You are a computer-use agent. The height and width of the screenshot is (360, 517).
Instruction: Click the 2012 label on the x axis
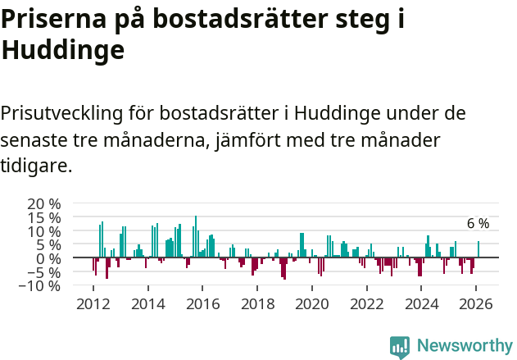[93, 304]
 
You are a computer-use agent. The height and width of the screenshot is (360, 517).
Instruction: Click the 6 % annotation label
[478, 223]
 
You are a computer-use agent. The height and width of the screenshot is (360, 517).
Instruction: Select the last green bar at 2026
[478, 249]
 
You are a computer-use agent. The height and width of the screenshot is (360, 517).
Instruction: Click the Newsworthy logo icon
[400, 346]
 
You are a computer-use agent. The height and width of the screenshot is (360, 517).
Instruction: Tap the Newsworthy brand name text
[465, 346]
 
